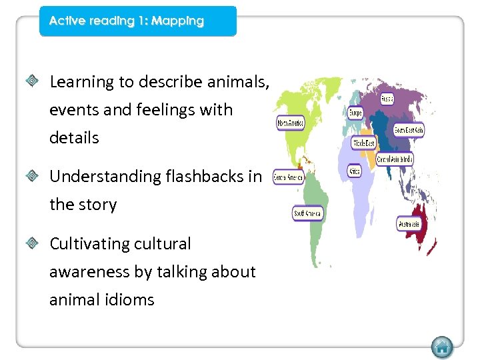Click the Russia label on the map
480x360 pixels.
click(x=387, y=99)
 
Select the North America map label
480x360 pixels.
click(x=290, y=124)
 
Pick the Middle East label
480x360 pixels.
click(x=363, y=143)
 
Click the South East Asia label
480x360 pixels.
click(x=408, y=130)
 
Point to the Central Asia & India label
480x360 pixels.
click(x=395, y=159)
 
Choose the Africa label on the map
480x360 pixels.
click(x=355, y=171)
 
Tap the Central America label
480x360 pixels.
click(x=289, y=178)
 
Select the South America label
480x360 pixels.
click(x=307, y=213)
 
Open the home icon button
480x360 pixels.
click(x=441, y=347)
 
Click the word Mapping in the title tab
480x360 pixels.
click(x=177, y=21)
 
